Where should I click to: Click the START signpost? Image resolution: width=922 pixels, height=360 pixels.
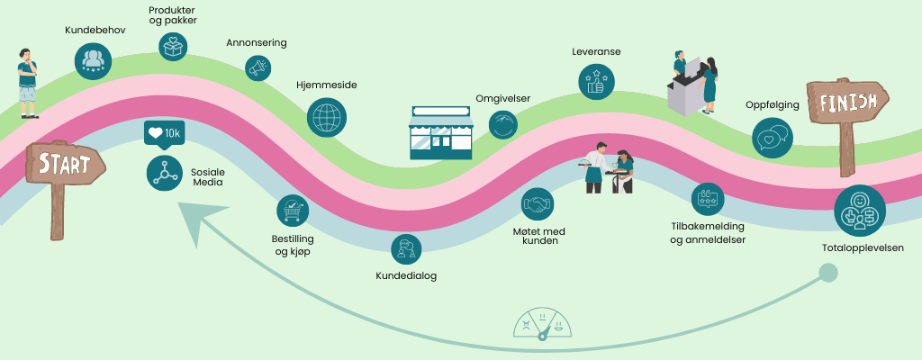(x=64, y=166)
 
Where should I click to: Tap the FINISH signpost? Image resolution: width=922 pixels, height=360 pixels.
(x=846, y=103)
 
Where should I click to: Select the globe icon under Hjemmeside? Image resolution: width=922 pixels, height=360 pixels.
(x=326, y=116)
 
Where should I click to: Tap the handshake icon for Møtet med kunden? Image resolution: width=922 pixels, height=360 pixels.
(x=539, y=205)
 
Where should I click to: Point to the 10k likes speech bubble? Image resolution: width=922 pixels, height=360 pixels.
(x=164, y=133)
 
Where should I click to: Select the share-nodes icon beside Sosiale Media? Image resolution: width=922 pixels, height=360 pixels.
(x=164, y=172)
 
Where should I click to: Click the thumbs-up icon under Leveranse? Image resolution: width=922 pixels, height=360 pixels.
(x=595, y=82)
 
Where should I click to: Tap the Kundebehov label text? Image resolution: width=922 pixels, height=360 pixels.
(x=95, y=30)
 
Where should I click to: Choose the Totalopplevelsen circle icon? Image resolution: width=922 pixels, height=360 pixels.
(x=859, y=211)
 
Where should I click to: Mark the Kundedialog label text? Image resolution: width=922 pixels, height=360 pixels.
(x=406, y=275)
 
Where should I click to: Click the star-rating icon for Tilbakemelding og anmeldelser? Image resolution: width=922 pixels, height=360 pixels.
(x=708, y=199)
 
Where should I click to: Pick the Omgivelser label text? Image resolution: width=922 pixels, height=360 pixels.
(x=502, y=98)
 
